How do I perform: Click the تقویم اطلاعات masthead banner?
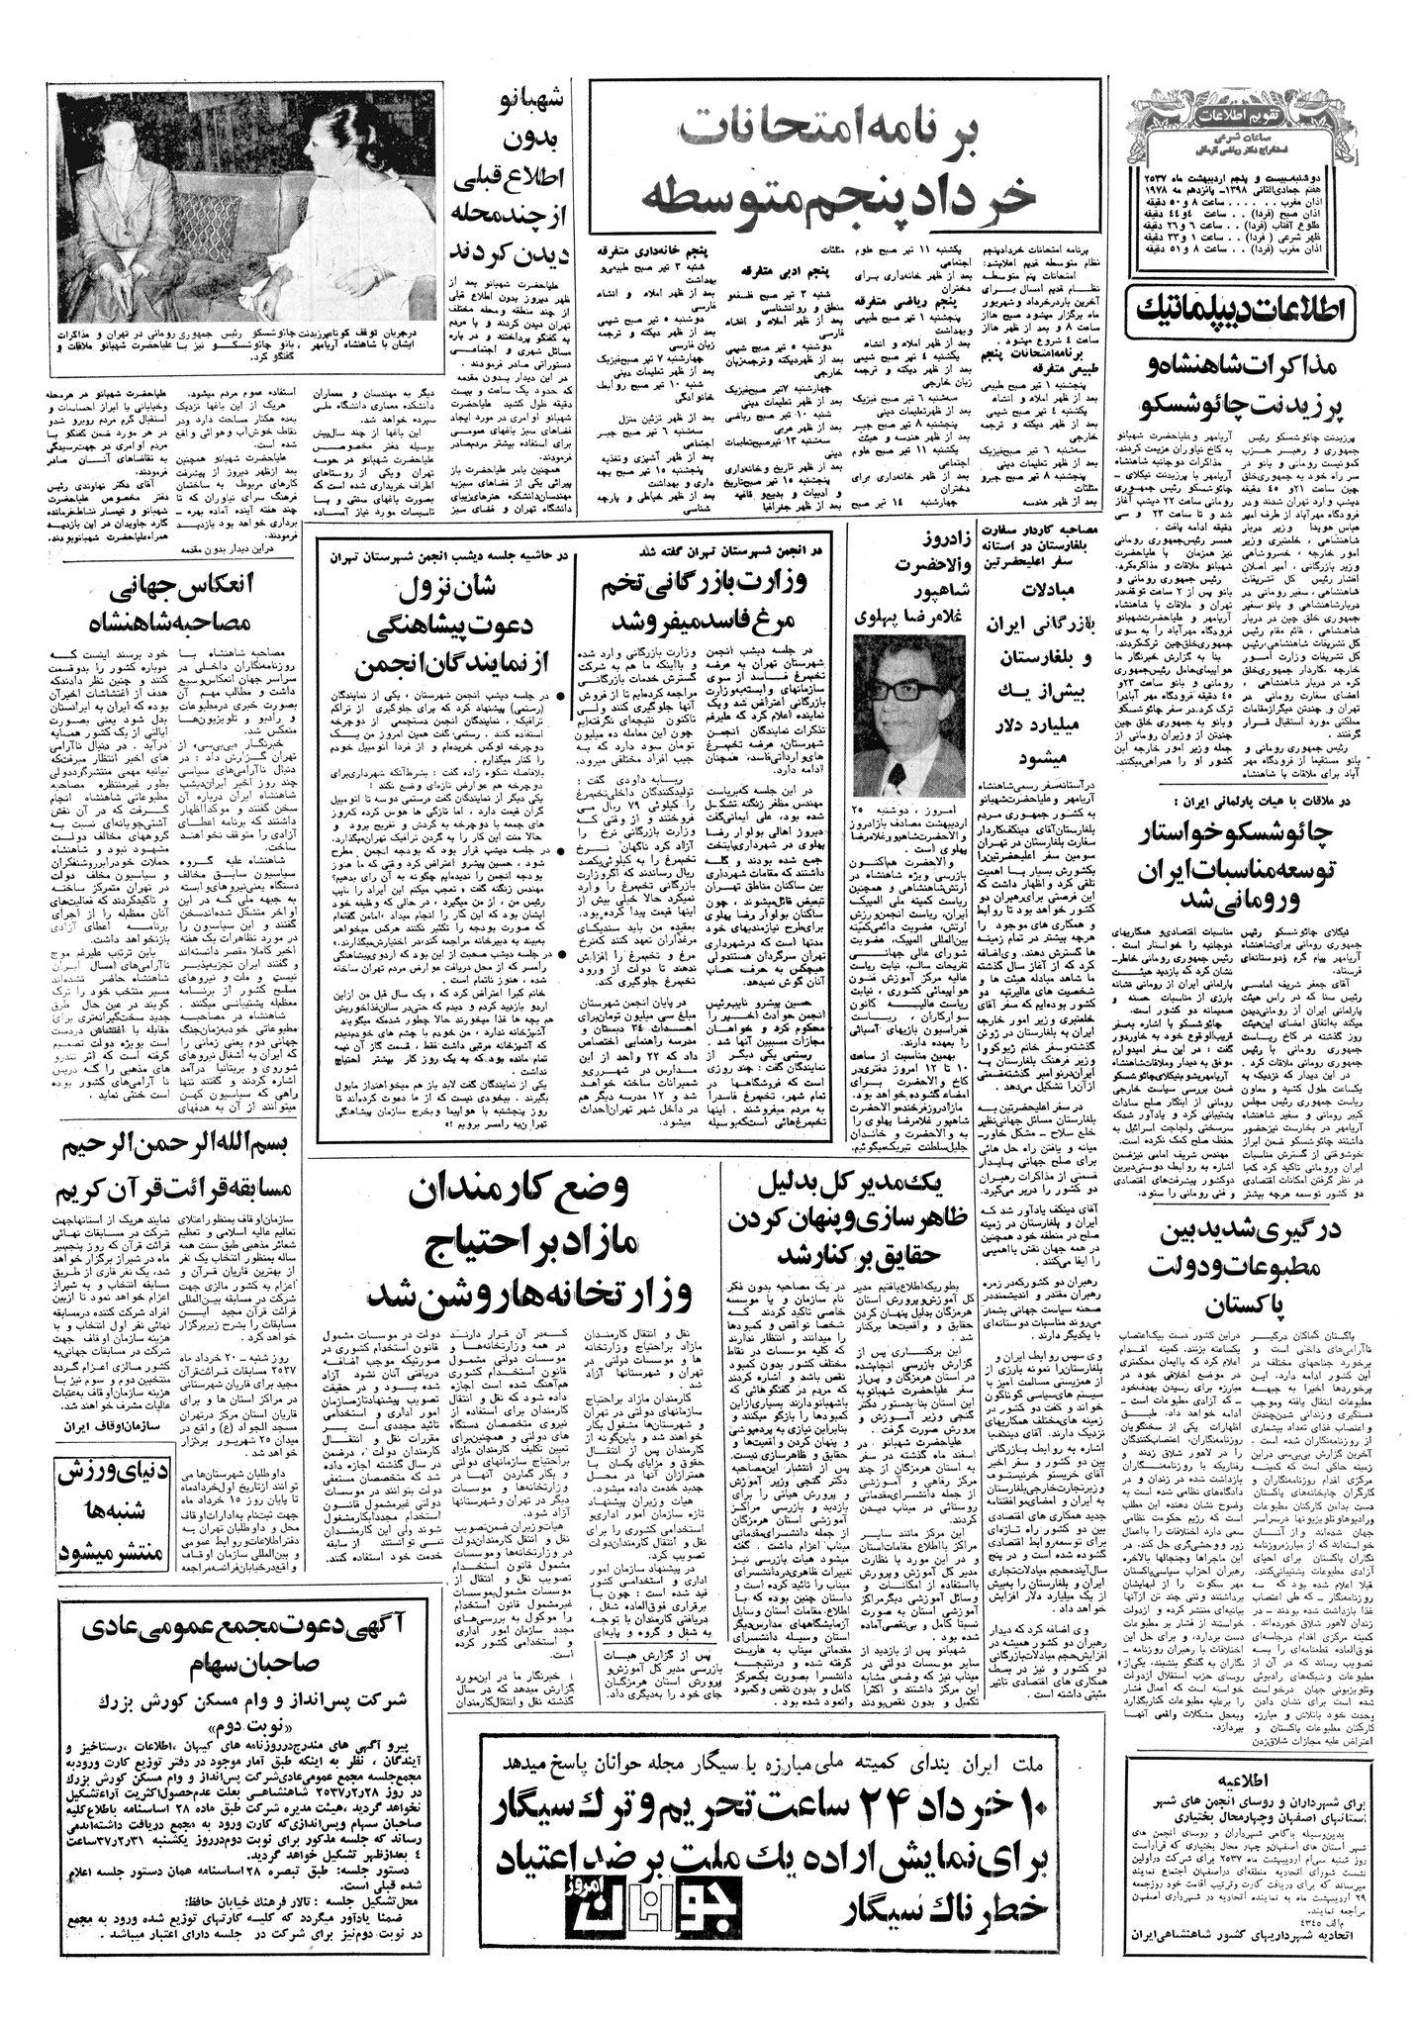[1228, 101]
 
